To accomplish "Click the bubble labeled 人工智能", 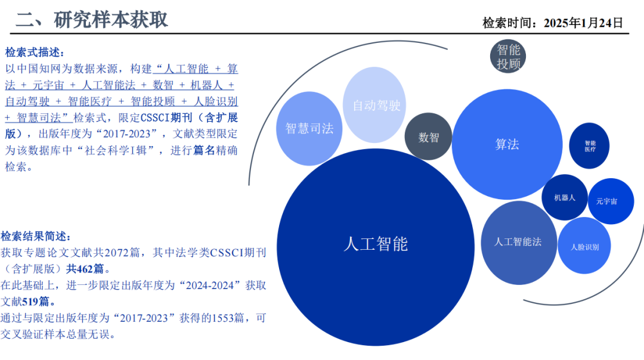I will (376, 244).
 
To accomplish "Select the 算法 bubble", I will (507, 144).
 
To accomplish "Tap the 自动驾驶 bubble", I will (376, 105).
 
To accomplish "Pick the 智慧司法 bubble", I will (309, 128).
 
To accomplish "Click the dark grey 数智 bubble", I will (429, 137).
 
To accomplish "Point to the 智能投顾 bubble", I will (509, 57).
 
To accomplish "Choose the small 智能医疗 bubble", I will (590, 146).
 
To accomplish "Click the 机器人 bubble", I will (564, 198).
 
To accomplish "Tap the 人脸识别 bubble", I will (584, 246).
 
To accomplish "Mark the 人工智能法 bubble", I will (518, 242).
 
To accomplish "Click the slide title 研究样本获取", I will (111, 20).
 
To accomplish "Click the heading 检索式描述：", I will (35, 52).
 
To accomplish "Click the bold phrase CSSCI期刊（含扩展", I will (189, 117).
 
